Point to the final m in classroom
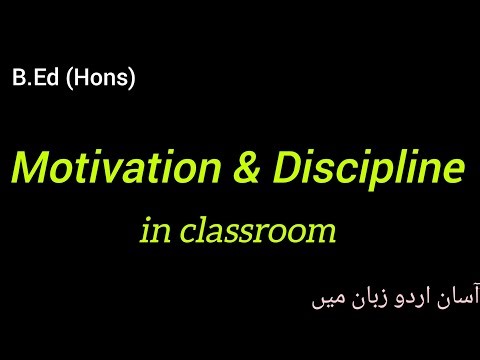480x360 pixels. [321, 234]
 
